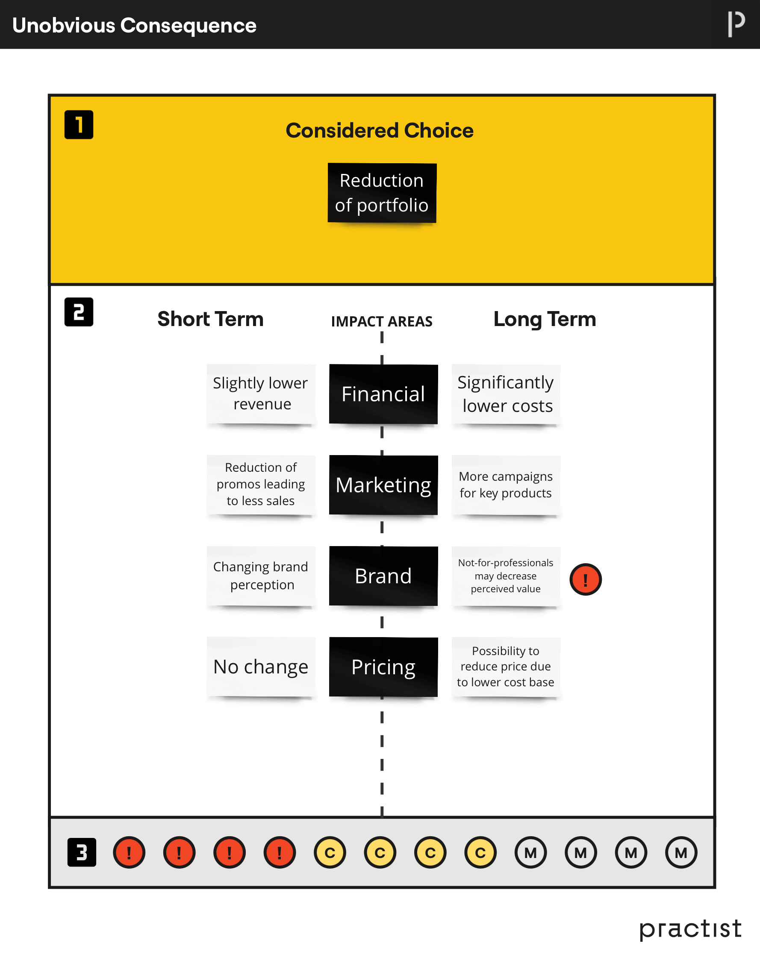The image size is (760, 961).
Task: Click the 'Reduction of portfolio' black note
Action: coord(382,193)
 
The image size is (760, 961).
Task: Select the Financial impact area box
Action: coord(383,394)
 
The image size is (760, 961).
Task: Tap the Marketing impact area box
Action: coord(383,485)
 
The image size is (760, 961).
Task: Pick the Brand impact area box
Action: coord(383,576)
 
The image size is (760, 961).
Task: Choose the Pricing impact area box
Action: coord(383,667)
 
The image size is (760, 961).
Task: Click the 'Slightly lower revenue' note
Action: coord(261,394)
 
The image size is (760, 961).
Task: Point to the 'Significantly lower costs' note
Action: coord(506,394)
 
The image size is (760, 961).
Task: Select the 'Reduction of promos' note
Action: coord(261,484)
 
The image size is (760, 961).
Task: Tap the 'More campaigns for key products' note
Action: coord(506,485)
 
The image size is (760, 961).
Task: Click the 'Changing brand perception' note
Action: coord(261,576)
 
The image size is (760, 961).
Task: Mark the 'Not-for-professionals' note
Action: coord(506,576)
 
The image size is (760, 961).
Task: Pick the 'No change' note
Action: coord(261,667)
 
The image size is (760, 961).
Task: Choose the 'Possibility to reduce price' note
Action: coord(506,667)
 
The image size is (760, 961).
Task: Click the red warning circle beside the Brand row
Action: coord(586,579)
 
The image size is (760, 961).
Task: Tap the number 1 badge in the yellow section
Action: coord(79,124)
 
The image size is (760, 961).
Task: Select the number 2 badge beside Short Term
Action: coord(79,312)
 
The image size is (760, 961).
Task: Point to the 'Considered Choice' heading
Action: coord(380,130)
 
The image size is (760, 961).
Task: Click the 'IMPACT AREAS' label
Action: coord(381,321)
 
